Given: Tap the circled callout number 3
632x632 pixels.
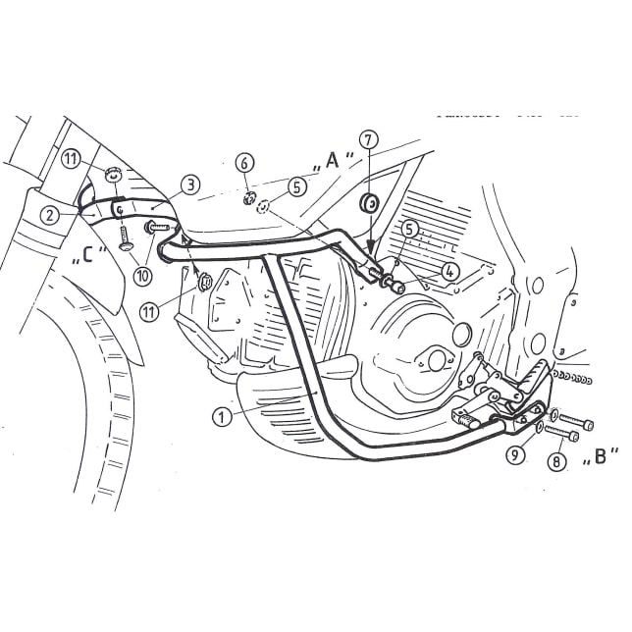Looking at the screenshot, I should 190,183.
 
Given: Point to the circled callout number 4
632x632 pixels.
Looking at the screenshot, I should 449,272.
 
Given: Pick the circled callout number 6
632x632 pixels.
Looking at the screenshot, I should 245,163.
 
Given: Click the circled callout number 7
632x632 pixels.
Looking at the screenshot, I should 368,139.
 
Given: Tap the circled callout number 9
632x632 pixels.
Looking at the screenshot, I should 519,454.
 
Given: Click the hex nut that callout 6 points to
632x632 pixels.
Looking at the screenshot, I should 248,199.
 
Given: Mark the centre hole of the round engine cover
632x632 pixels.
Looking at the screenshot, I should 434,360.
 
